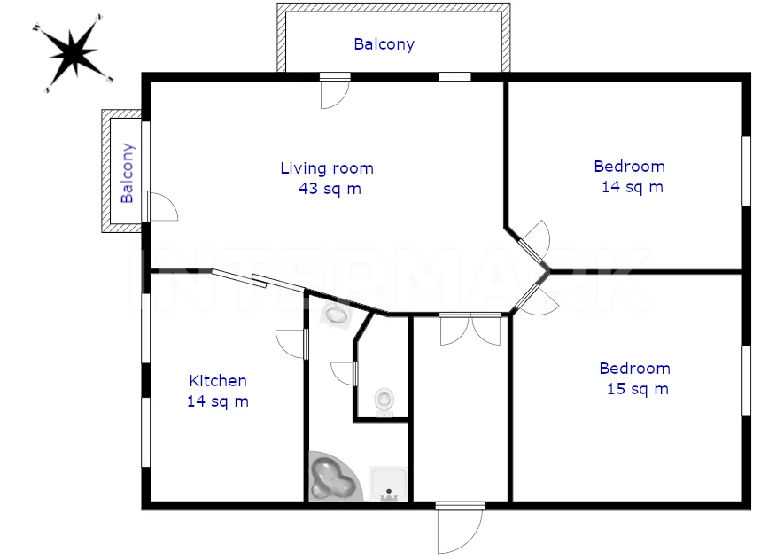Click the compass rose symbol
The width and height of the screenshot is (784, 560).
point(73,53)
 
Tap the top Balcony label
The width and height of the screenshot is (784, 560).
point(384,44)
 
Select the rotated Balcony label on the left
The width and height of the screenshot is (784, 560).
point(128,173)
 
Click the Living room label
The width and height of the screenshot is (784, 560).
point(327,168)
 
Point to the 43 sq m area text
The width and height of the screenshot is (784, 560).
point(330,189)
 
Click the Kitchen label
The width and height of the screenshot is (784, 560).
point(218,381)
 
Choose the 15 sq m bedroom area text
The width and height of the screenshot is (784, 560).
point(638,389)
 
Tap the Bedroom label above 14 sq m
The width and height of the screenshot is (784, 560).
point(630,167)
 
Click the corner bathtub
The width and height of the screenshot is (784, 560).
point(334,476)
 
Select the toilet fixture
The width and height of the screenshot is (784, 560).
point(384,402)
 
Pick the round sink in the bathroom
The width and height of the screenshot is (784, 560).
point(337,314)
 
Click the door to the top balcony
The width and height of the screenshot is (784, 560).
point(335,91)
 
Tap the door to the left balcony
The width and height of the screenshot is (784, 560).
point(160,206)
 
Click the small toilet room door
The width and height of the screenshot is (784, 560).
point(344,374)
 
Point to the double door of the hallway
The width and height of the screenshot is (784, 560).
point(470,329)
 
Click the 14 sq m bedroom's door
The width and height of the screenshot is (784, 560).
point(534,242)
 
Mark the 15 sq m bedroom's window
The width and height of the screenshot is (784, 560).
point(746,380)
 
